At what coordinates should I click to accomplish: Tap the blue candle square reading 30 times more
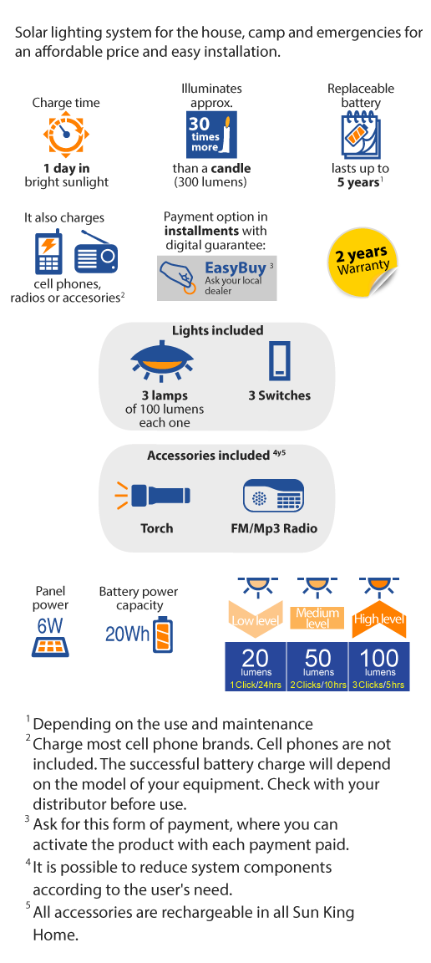point(212,135)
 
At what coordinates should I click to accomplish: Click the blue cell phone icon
point(48,252)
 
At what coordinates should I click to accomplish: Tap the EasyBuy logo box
point(216,278)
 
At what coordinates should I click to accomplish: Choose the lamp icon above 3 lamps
point(163,359)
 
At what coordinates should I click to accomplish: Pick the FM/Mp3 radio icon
point(274,497)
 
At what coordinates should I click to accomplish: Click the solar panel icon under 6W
point(50,647)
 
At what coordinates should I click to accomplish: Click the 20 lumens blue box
point(256,666)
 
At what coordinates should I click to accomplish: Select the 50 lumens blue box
point(317,666)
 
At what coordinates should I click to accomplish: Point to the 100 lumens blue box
point(379,666)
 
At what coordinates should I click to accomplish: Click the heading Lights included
point(217,330)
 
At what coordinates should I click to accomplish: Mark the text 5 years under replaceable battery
point(358,182)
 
